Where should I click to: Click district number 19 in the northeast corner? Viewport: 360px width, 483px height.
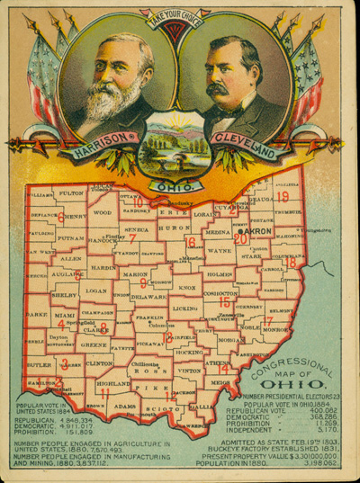(x=283, y=196)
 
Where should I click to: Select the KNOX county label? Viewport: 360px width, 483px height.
(x=187, y=288)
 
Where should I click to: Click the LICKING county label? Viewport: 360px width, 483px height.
(x=186, y=309)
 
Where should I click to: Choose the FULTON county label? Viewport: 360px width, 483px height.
(x=70, y=192)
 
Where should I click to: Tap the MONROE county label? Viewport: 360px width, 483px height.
(x=276, y=330)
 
